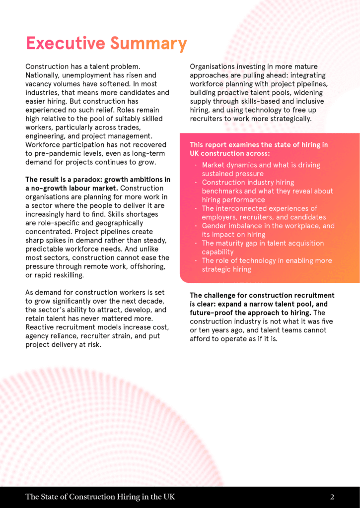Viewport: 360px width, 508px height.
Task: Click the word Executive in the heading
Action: coord(66,44)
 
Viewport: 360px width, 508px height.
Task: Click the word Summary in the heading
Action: coord(148,44)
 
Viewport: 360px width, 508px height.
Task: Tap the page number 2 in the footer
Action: coord(332,497)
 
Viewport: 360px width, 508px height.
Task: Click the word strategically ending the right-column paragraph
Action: coord(289,119)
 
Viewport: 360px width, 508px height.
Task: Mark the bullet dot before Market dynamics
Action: coord(196,165)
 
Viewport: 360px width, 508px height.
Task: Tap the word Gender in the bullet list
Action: coord(214,226)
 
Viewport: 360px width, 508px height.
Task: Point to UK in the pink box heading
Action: coord(195,153)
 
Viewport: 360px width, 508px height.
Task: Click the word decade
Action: coord(154,301)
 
